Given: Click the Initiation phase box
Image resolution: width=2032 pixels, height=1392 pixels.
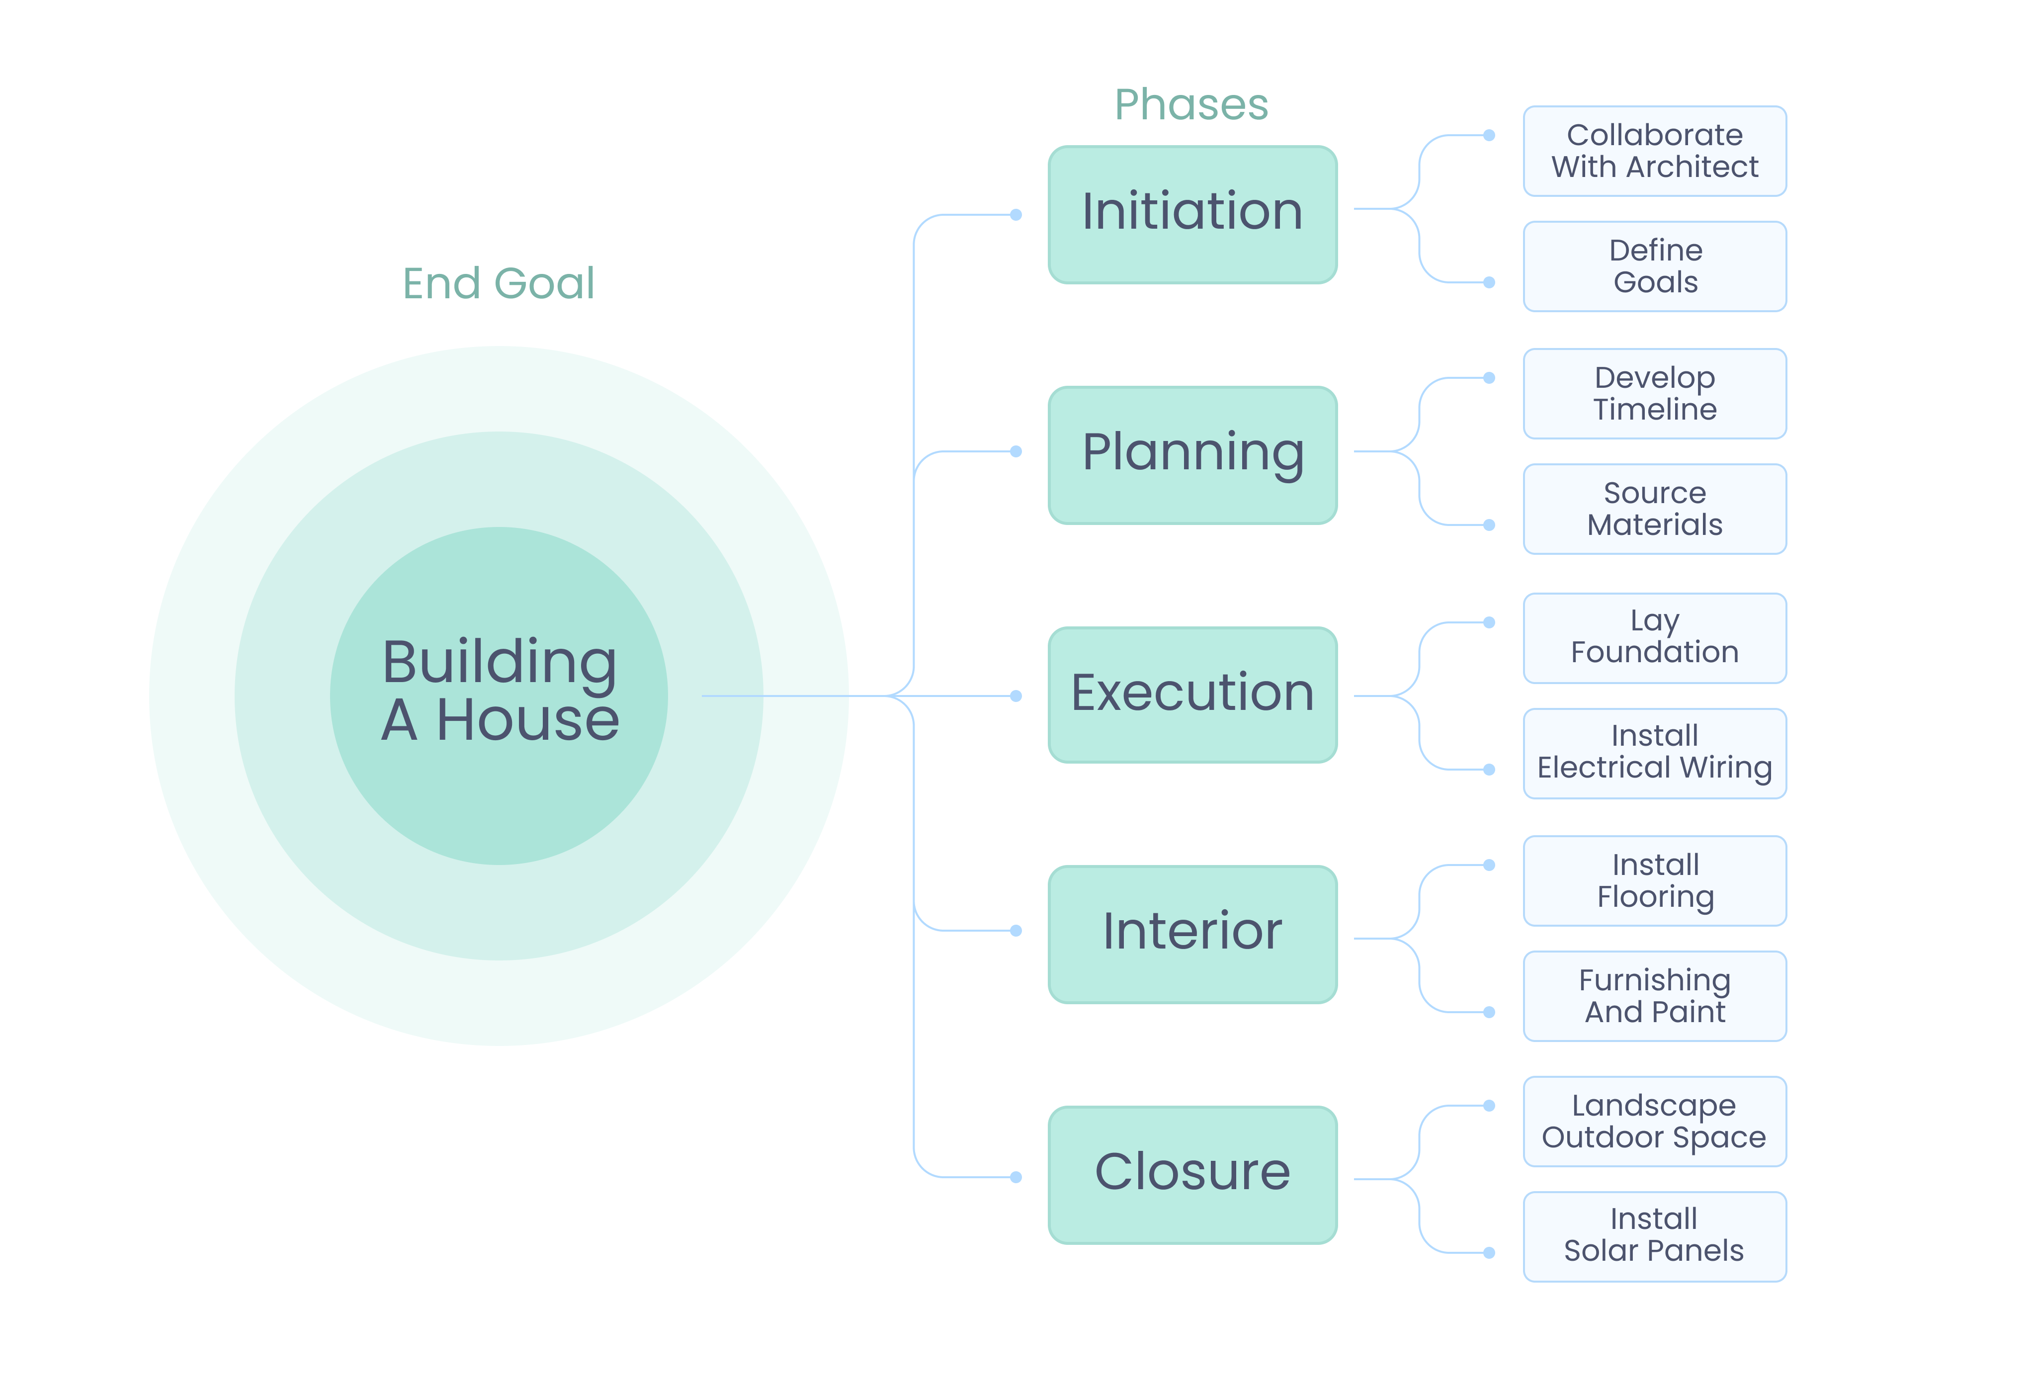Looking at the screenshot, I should pos(1192,214).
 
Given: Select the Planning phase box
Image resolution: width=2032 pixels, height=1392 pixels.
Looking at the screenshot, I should pos(1192,455).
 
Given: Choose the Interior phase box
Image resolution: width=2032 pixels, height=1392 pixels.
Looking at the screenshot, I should pos(1192,934).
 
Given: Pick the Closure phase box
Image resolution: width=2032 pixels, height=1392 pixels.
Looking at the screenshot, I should pos(1192,1174).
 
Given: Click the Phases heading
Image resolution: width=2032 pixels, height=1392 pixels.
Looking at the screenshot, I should pos(1191,105).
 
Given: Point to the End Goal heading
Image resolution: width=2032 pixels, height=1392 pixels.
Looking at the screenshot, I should pos(499,283).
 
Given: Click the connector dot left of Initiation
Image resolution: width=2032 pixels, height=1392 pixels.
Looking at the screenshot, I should pos(1016,214).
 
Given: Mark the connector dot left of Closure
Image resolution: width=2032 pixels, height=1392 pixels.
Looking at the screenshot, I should pos(1016,1177).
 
